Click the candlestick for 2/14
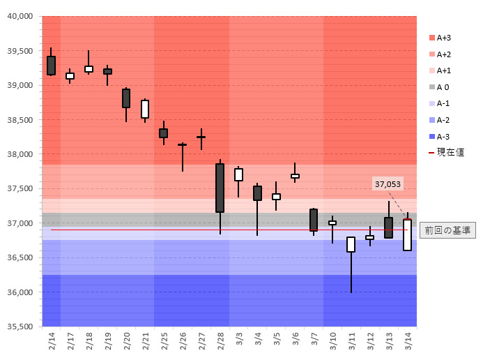pyautogui.click(x=52, y=65)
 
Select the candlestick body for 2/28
pyautogui.click(x=220, y=188)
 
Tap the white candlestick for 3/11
pyautogui.click(x=351, y=244)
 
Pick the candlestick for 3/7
pyautogui.click(x=314, y=220)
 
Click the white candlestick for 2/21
pyautogui.click(x=145, y=109)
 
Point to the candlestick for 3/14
pyautogui.click(x=407, y=234)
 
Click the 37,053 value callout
pyautogui.click(x=388, y=184)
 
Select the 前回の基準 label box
pyautogui.click(x=447, y=230)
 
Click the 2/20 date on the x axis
pyautogui.click(x=127, y=340)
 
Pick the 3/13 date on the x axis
pyautogui.click(x=389, y=340)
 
